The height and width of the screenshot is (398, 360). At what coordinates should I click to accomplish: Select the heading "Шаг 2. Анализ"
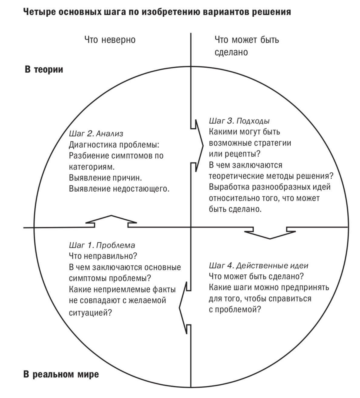(96, 133)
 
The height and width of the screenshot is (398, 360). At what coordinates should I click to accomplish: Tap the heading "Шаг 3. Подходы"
(239, 121)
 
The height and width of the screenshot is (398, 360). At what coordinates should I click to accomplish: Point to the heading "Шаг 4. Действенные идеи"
(258, 266)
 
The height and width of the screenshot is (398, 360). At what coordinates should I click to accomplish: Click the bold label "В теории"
(44, 70)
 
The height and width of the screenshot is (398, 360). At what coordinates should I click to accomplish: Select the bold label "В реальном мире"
(61, 374)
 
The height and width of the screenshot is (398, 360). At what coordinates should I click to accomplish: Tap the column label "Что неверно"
(110, 40)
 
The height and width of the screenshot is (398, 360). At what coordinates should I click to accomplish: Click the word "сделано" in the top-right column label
(231, 52)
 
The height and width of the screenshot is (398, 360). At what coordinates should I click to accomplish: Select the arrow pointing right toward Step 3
(198, 146)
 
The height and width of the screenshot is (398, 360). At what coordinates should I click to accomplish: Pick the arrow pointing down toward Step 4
(270, 233)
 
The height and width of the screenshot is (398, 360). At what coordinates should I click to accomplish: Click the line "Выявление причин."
(105, 178)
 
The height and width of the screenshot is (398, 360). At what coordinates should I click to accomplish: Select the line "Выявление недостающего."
(119, 189)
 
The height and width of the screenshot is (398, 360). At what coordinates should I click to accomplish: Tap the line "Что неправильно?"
(103, 256)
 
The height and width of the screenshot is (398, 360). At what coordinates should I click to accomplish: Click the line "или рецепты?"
(235, 154)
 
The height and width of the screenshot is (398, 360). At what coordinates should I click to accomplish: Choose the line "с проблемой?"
(235, 310)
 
